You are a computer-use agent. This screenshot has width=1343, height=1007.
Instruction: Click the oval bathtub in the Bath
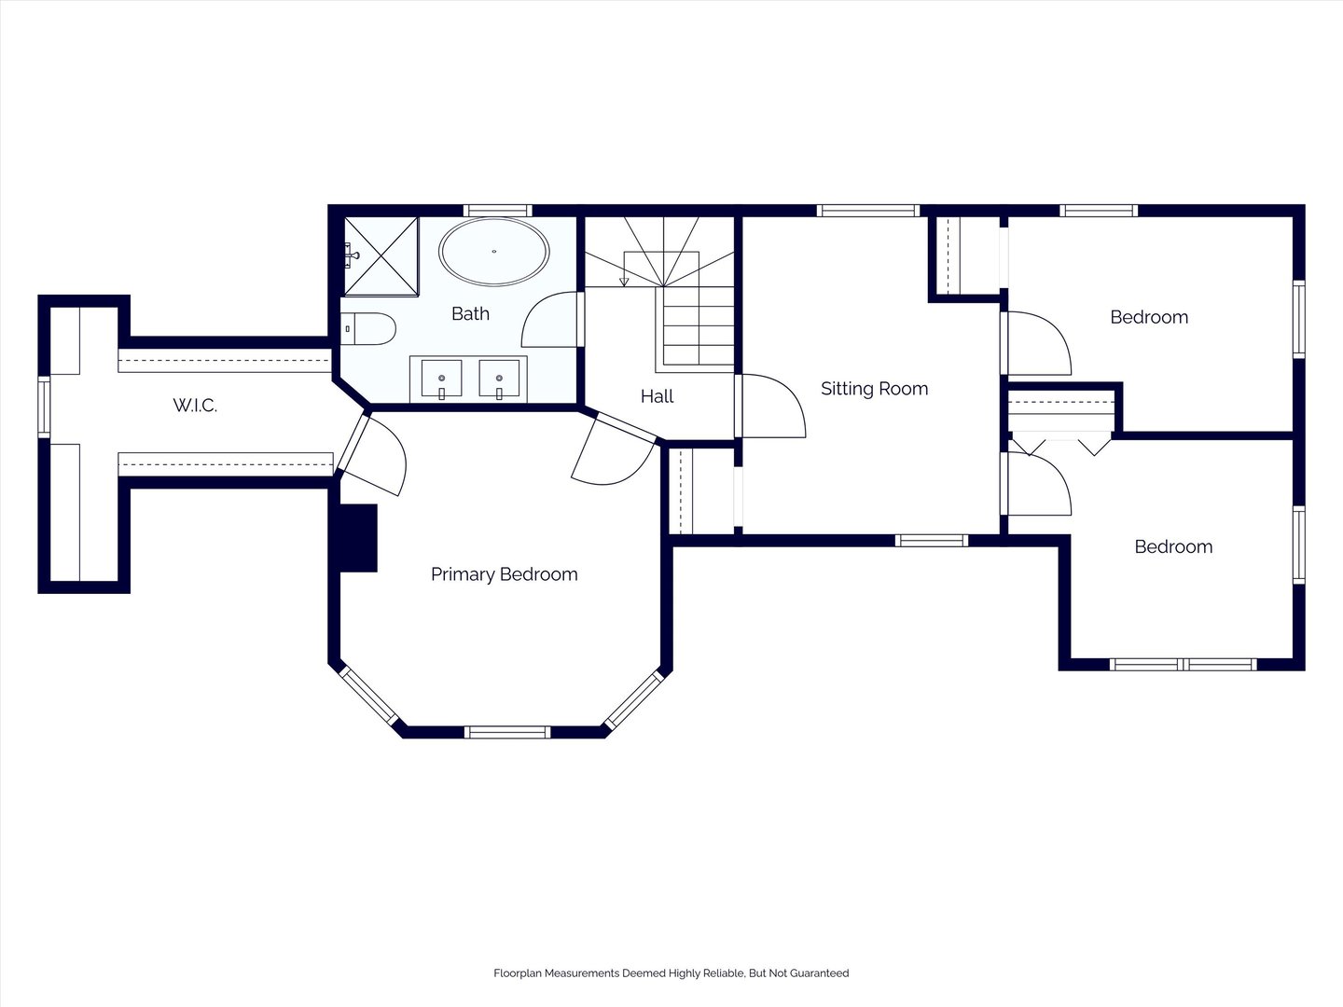click(493, 252)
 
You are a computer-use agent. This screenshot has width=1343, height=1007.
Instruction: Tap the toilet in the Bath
click(367, 329)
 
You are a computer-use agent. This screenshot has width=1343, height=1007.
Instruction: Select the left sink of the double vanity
click(441, 379)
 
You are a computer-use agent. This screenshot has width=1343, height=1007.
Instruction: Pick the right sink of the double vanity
click(499, 379)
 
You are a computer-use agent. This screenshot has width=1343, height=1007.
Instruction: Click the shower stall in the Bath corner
click(381, 256)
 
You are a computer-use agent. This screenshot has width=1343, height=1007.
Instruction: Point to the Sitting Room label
click(874, 389)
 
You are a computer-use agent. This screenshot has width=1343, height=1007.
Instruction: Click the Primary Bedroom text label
click(505, 574)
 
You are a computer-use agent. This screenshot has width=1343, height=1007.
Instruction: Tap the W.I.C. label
click(195, 406)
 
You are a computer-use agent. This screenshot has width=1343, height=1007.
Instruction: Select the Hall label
click(658, 397)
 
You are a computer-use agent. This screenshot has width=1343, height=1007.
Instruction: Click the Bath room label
click(470, 313)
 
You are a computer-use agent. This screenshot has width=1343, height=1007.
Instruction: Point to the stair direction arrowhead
click(624, 282)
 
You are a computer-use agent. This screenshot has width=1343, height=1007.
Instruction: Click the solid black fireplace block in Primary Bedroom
click(358, 538)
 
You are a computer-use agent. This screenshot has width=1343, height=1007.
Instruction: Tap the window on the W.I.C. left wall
click(44, 407)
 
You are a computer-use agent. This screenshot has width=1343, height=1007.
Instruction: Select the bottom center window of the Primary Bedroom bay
click(507, 732)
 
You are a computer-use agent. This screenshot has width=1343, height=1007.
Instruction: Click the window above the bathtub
click(497, 211)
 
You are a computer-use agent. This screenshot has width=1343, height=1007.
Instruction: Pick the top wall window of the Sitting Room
click(868, 211)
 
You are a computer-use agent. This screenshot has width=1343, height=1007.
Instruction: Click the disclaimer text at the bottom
click(671, 973)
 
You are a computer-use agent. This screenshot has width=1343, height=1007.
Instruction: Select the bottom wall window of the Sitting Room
click(932, 541)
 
